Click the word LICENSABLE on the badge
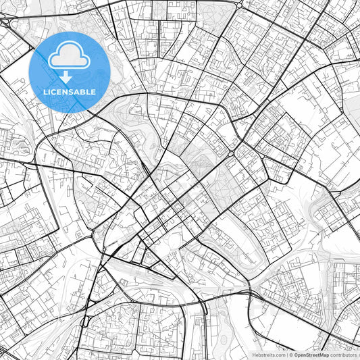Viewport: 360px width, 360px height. pyautogui.click(x=69, y=92)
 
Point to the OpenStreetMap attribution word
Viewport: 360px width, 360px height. pyautogui.click(x=311, y=355)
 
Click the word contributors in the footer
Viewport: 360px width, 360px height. pyautogui.click(x=344, y=355)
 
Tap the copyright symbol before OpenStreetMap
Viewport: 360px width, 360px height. pyautogui.click(x=291, y=355)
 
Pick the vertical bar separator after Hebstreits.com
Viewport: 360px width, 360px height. pyautogui.click(x=287, y=355)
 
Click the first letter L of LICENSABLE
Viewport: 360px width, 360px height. pyautogui.click(x=44, y=92)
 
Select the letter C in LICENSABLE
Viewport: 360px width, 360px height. pyautogui.click(x=54, y=92)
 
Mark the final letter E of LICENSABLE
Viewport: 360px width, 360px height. pyautogui.click(x=94, y=92)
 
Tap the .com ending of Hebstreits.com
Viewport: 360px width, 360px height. pyautogui.click(x=280, y=355)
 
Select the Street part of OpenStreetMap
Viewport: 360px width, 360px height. pyautogui.click(x=314, y=355)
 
